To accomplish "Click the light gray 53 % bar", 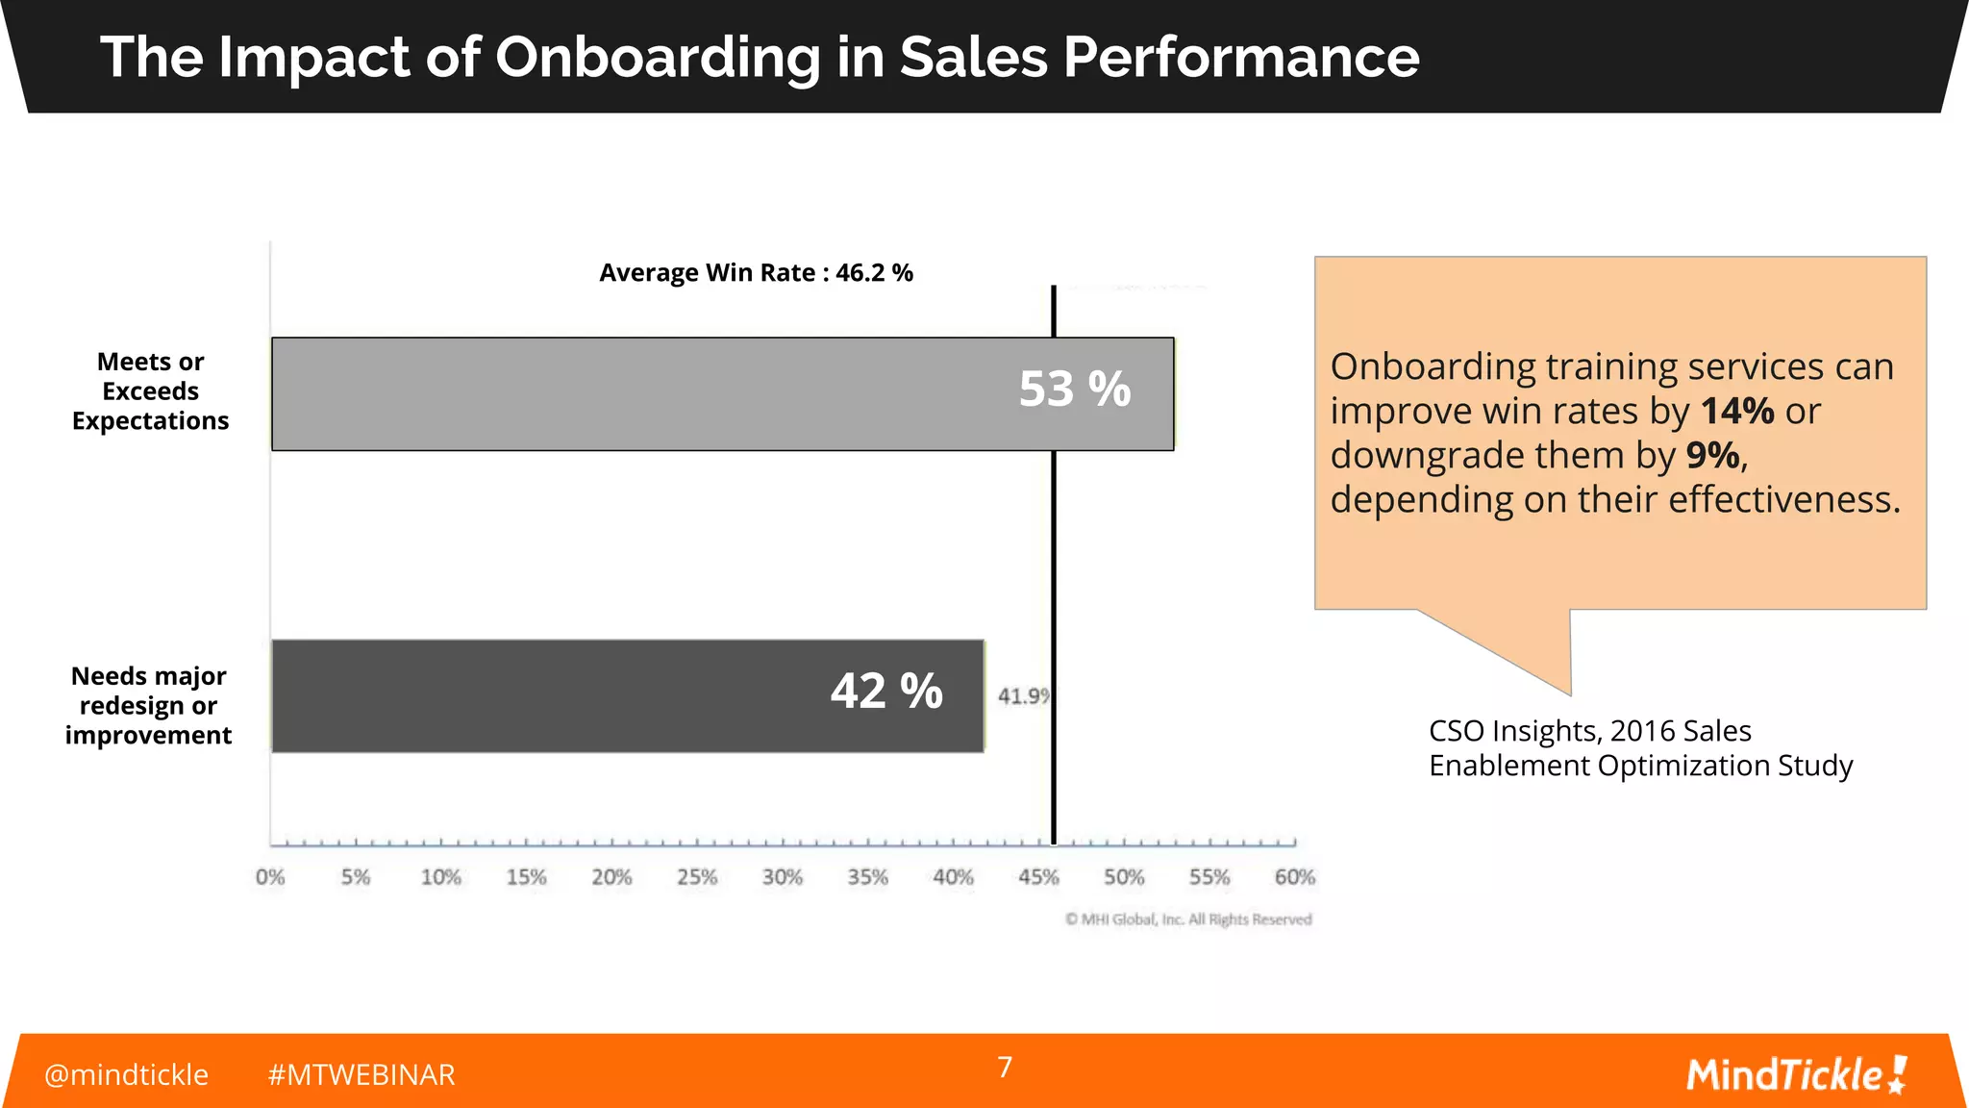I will coord(673,393).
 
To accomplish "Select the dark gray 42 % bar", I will coord(577,695).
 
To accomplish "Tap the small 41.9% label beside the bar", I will coord(1023,695).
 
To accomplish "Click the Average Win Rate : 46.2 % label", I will coord(756,273).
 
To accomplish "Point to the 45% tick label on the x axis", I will coord(1038,877).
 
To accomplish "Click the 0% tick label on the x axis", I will coord(270,877).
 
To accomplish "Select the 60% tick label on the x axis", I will coord(1294,877).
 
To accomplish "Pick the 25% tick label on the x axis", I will coord(697,877).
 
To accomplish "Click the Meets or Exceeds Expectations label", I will coord(150,391).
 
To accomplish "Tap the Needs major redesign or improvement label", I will coord(148,705).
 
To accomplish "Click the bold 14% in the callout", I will coord(1736,412).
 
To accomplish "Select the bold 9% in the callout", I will coord(1712,456).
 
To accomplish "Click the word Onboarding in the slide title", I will coord(658,57).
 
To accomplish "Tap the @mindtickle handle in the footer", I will coord(126,1074).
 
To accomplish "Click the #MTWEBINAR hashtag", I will coord(361,1074).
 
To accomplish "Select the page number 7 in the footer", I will coord(1005,1068).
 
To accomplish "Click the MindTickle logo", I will coord(1795,1074).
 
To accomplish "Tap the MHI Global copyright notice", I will coord(1188,919).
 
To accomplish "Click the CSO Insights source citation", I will coord(1639,748).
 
